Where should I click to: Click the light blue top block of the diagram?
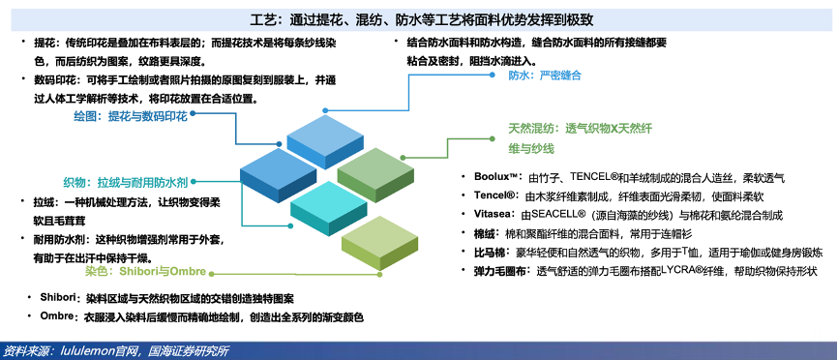(x=325, y=141)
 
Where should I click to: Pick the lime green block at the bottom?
(x=379, y=243)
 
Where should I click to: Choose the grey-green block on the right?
(x=375, y=174)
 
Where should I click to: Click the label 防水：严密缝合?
(x=544, y=75)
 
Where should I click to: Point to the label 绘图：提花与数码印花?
(x=131, y=116)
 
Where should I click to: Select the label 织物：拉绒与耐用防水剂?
(x=126, y=182)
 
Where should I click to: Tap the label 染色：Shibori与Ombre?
(x=145, y=271)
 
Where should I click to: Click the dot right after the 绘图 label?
(x=193, y=112)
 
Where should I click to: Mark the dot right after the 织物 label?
(x=193, y=181)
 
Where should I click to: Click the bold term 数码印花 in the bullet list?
(x=52, y=79)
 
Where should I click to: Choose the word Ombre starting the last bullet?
(x=56, y=315)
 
